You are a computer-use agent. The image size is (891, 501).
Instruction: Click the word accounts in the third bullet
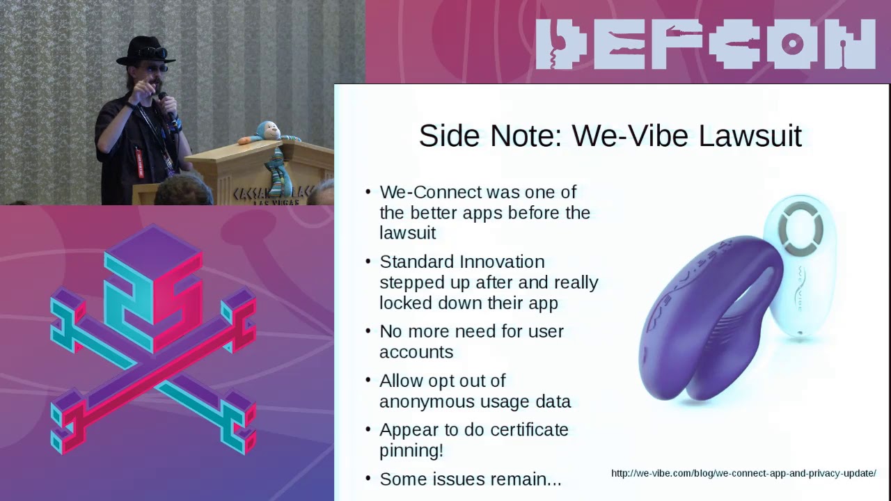click(416, 352)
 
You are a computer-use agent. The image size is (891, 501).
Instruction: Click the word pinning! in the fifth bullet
click(411, 451)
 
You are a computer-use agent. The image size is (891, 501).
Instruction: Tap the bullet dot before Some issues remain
click(368, 479)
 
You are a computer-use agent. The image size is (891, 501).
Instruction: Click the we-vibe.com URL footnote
click(743, 474)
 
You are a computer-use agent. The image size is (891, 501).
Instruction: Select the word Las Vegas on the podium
click(278, 202)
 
